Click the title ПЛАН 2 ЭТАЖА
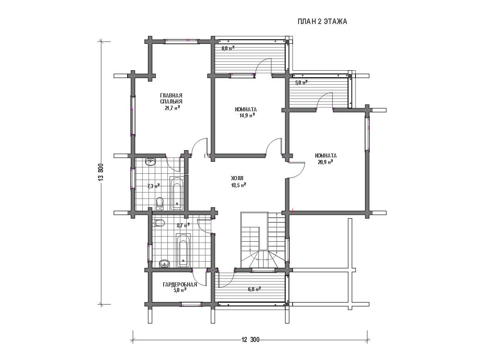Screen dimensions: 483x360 tap(322, 21)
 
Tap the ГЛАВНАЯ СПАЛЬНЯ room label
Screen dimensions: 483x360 tap(171, 98)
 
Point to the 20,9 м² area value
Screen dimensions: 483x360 tap(325, 162)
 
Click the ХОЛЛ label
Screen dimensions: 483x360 tap(237, 178)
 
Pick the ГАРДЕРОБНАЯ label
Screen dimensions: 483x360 tap(180, 285)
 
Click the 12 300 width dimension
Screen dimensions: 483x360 tap(250, 340)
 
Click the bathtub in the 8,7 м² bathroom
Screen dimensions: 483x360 tap(183, 250)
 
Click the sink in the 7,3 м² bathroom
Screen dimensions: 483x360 tap(151, 162)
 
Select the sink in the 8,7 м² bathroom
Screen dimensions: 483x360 tap(164, 263)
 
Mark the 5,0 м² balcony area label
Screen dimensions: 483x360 tap(301, 83)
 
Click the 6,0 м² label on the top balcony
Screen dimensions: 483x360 tap(228, 49)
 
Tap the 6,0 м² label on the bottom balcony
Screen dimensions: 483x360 tap(254, 289)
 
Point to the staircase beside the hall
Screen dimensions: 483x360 tap(264, 240)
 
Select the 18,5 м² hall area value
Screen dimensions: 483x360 tap(238, 185)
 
